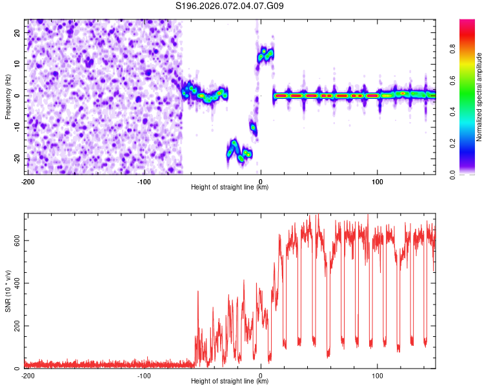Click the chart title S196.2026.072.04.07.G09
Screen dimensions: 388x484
point(230,6)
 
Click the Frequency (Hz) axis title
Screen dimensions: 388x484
point(8,96)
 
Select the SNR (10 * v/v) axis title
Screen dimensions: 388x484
point(8,291)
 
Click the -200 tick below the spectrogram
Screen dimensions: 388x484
point(27,181)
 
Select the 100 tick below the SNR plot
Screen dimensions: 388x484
point(378,375)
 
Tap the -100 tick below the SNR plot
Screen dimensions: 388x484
point(143,375)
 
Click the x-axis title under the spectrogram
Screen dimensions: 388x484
point(230,188)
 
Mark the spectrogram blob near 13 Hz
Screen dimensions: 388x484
point(265,54)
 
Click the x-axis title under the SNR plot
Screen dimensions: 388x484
point(230,382)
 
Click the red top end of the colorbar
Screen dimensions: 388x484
point(467,23)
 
